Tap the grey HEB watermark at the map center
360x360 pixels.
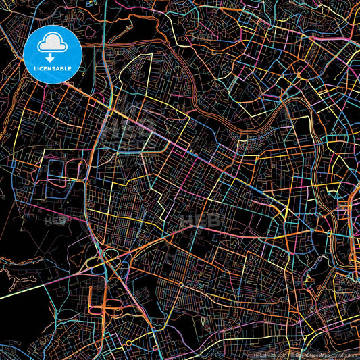click(203, 220)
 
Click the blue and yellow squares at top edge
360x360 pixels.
click(91, 3)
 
